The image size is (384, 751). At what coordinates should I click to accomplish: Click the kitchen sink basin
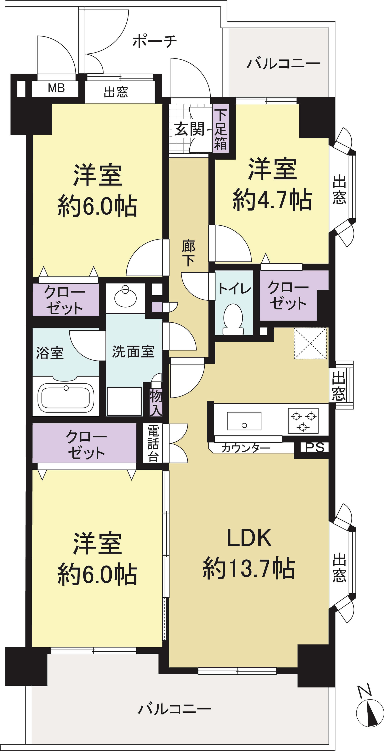pos(244,421)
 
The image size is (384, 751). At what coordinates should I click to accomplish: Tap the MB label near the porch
pos(56,88)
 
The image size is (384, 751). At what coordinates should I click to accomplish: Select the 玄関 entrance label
pos(189,129)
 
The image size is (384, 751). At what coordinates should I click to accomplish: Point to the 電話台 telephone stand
pos(153,443)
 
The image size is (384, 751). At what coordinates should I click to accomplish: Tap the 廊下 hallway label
pos(188,253)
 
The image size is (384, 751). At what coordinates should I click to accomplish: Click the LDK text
pos(249,538)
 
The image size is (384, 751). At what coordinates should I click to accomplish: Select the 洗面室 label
pos(133,351)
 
